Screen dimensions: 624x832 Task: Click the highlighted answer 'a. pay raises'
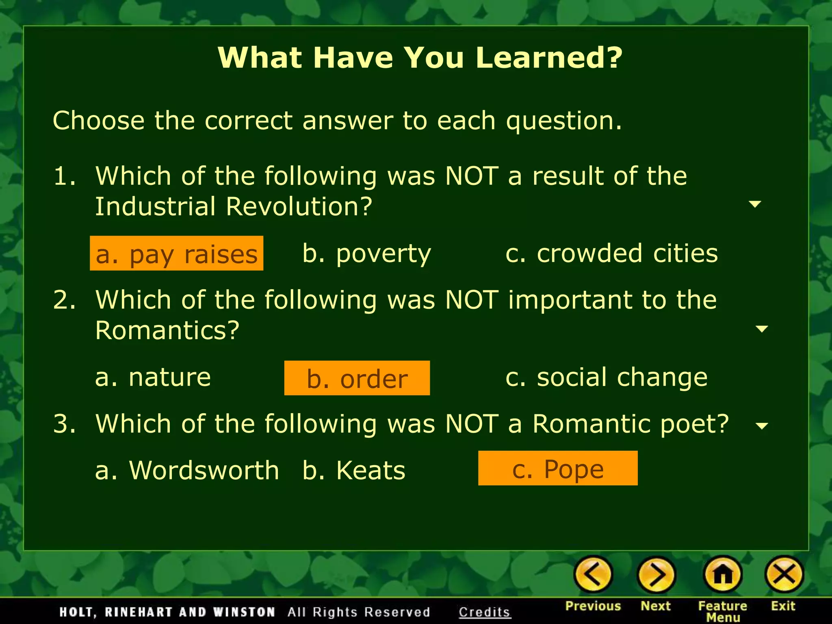(176, 253)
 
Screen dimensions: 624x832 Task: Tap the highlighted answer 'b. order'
(357, 378)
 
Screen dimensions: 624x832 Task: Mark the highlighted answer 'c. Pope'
(557, 468)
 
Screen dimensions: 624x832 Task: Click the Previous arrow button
(593, 574)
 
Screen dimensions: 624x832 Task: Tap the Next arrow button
(656, 574)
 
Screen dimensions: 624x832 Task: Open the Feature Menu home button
(723, 574)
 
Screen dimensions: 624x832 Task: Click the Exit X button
(784, 574)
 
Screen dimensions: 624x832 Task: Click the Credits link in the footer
(484, 612)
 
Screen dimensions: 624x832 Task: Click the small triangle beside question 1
(755, 204)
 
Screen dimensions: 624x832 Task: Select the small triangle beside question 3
(762, 426)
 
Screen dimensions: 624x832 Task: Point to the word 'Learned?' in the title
(549, 57)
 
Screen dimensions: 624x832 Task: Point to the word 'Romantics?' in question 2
(167, 330)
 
